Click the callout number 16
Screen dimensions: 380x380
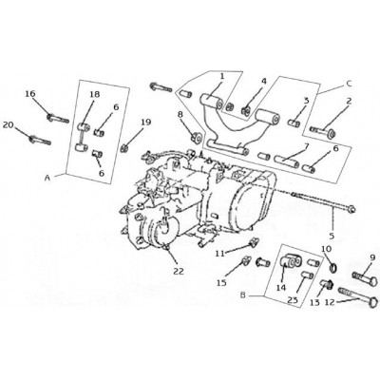click(x=30, y=94)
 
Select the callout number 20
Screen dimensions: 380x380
click(x=9, y=125)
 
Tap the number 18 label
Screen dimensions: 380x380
click(x=94, y=94)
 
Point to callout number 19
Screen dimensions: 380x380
click(x=146, y=122)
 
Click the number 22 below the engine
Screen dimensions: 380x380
click(x=179, y=271)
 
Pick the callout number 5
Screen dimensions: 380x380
click(x=332, y=236)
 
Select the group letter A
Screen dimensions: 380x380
click(x=47, y=179)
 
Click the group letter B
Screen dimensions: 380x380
click(x=243, y=295)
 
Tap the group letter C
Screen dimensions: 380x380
click(x=349, y=84)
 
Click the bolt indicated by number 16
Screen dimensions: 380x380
click(x=58, y=119)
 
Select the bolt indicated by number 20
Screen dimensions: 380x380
click(x=40, y=140)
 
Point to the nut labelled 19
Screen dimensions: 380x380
click(x=124, y=147)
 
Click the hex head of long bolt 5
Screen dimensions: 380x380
click(x=351, y=209)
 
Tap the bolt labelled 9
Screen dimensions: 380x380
click(x=365, y=278)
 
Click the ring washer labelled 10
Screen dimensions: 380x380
click(x=333, y=268)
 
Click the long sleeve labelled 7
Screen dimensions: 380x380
click(x=287, y=161)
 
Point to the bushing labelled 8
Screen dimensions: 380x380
click(x=197, y=137)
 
